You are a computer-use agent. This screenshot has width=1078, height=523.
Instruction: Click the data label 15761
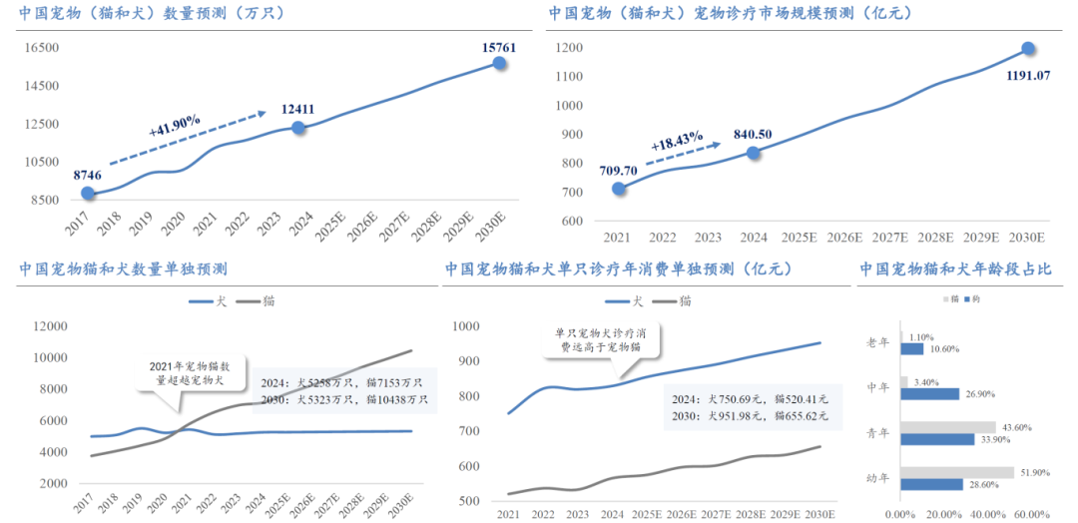click(x=498, y=47)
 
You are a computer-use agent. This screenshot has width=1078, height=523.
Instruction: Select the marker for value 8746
click(x=88, y=193)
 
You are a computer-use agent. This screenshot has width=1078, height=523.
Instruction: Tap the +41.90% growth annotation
click(x=175, y=126)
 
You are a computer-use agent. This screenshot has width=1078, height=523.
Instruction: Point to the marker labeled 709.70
click(x=619, y=189)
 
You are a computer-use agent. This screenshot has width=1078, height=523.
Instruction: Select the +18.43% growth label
click(x=678, y=142)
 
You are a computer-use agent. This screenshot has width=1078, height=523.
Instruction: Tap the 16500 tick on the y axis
click(x=43, y=48)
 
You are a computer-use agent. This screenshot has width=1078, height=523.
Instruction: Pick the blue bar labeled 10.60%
click(x=911, y=349)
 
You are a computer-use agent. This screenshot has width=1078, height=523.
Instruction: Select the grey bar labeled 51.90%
click(x=955, y=472)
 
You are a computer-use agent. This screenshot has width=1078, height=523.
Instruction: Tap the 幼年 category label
click(x=879, y=478)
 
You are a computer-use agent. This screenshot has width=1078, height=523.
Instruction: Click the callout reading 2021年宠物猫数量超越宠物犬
click(x=182, y=373)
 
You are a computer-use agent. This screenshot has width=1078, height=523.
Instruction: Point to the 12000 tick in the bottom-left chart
click(x=49, y=326)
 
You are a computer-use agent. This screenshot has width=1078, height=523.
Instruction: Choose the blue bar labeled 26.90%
click(x=929, y=394)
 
